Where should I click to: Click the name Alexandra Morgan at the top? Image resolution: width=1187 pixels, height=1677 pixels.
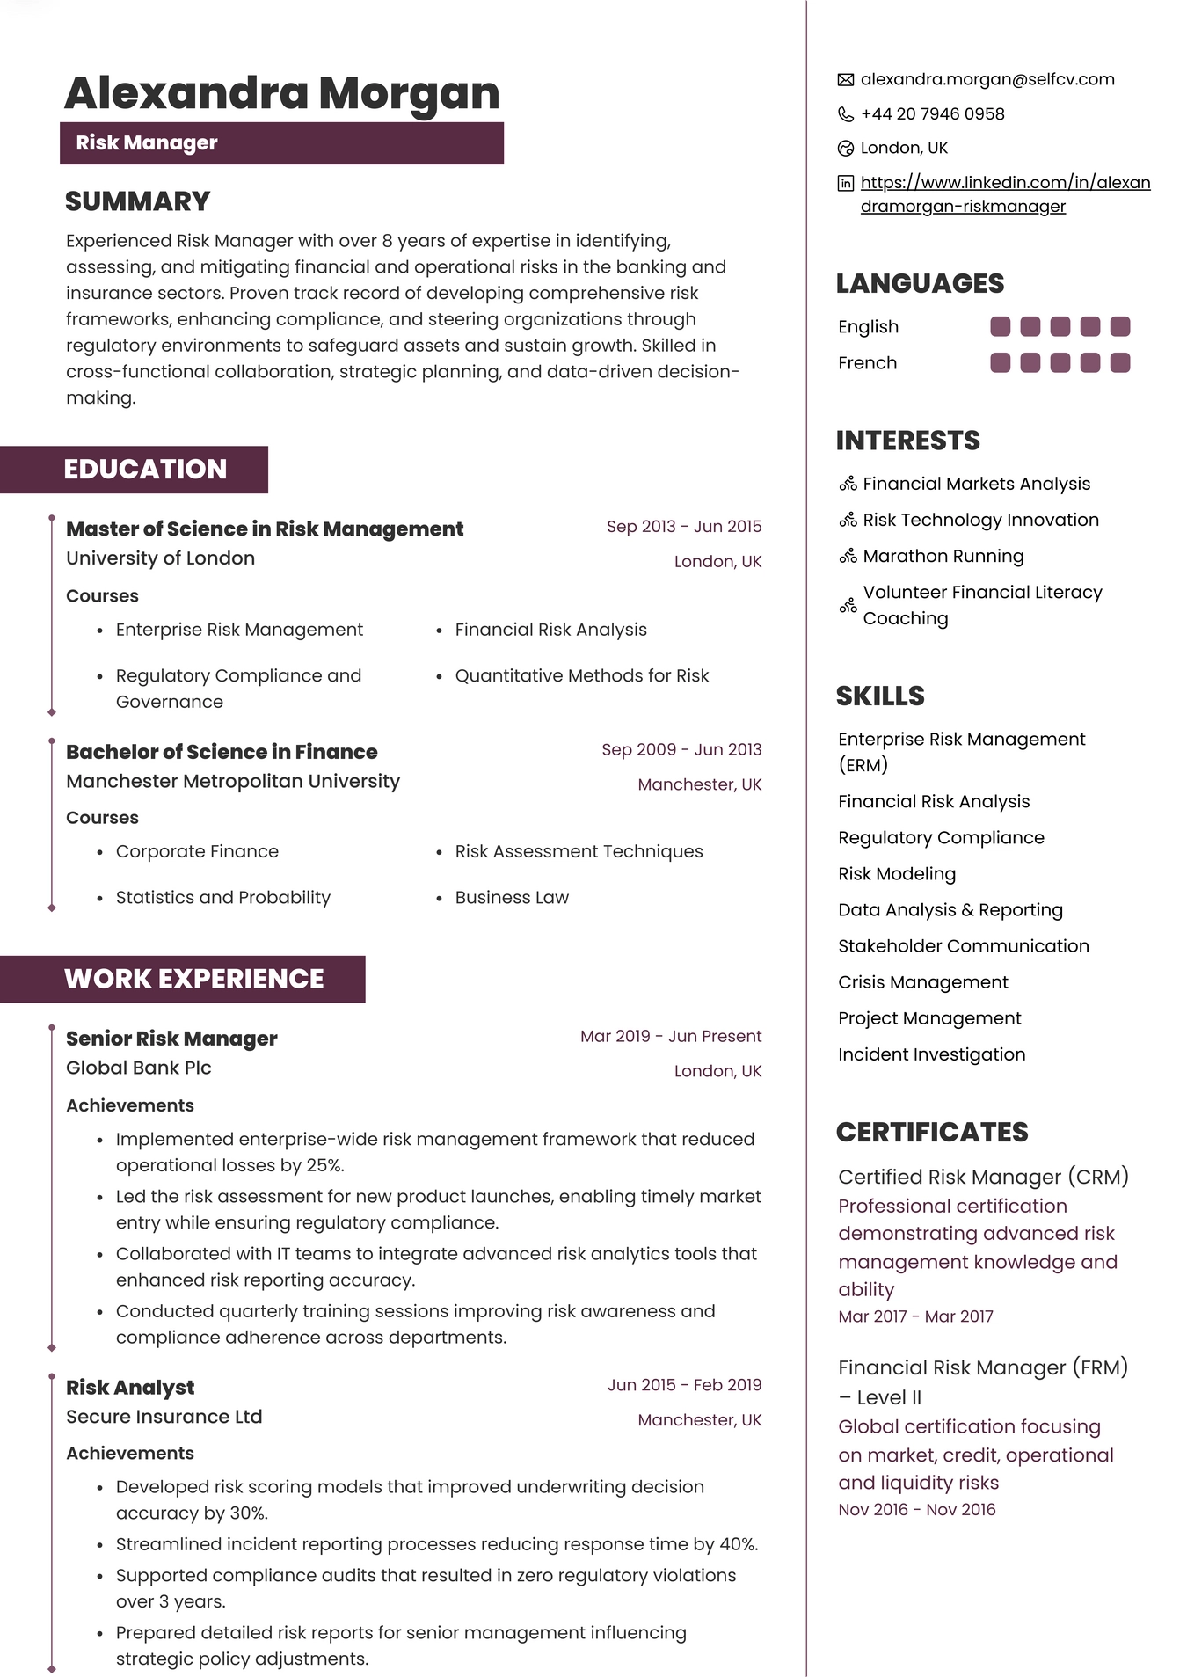pyautogui.click(x=281, y=93)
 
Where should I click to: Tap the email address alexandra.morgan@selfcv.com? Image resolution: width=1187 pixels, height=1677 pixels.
pyautogui.click(x=987, y=79)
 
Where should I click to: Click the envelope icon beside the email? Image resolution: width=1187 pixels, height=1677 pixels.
pyautogui.click(x=845, y=80)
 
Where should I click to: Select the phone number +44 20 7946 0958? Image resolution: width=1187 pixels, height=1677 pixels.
pyautogui.click(x=932, y=113)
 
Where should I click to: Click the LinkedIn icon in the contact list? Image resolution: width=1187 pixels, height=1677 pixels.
pyautogui.click(x=845, y=183)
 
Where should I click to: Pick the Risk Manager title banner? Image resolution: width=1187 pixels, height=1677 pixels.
pyautogui.click(x=281, y=143)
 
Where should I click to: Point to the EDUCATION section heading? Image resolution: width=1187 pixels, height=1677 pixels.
pyautogui.click(x=145, y=469)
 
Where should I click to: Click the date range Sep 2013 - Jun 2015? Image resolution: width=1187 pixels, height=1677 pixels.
pyautogui.click(x=683, y=526)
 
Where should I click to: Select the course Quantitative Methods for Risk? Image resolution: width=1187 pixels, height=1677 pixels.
pyautogui.click(x=581, y=675)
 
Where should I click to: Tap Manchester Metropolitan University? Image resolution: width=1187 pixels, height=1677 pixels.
pyautogui.click(x=232, y=781)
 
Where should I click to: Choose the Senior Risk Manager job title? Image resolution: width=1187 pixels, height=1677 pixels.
pyautogui.click(x=171, y=1039)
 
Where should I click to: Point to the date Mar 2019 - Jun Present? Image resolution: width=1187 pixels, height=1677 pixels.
pyautogui.click(x=670, y=1036)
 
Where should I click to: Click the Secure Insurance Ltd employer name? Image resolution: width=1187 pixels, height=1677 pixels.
pyautogui.click(x=164, y=1417)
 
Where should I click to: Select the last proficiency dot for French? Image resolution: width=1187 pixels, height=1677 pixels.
pyautogui.click(x=1119, y=362)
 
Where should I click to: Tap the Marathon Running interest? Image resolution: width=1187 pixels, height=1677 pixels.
pyautogui.click(x=943, y=556)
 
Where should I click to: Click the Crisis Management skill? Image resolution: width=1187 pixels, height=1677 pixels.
pyautogui.click(x=922, y=981)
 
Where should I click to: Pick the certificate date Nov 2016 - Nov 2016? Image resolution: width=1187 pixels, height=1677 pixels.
pyautogui.click(x=916, y=1509)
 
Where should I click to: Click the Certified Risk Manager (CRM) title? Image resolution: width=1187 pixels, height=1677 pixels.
pyautogui.click(x=982, y=1177)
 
